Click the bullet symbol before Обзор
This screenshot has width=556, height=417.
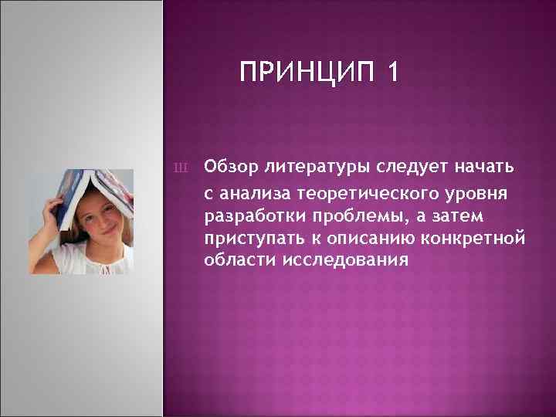pyautogui.click(x=181, y=166)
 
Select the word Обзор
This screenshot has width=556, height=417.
pyautogui.click(x=231, y=165)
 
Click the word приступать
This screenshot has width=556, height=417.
pyautogui.click(x=249, y=236)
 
